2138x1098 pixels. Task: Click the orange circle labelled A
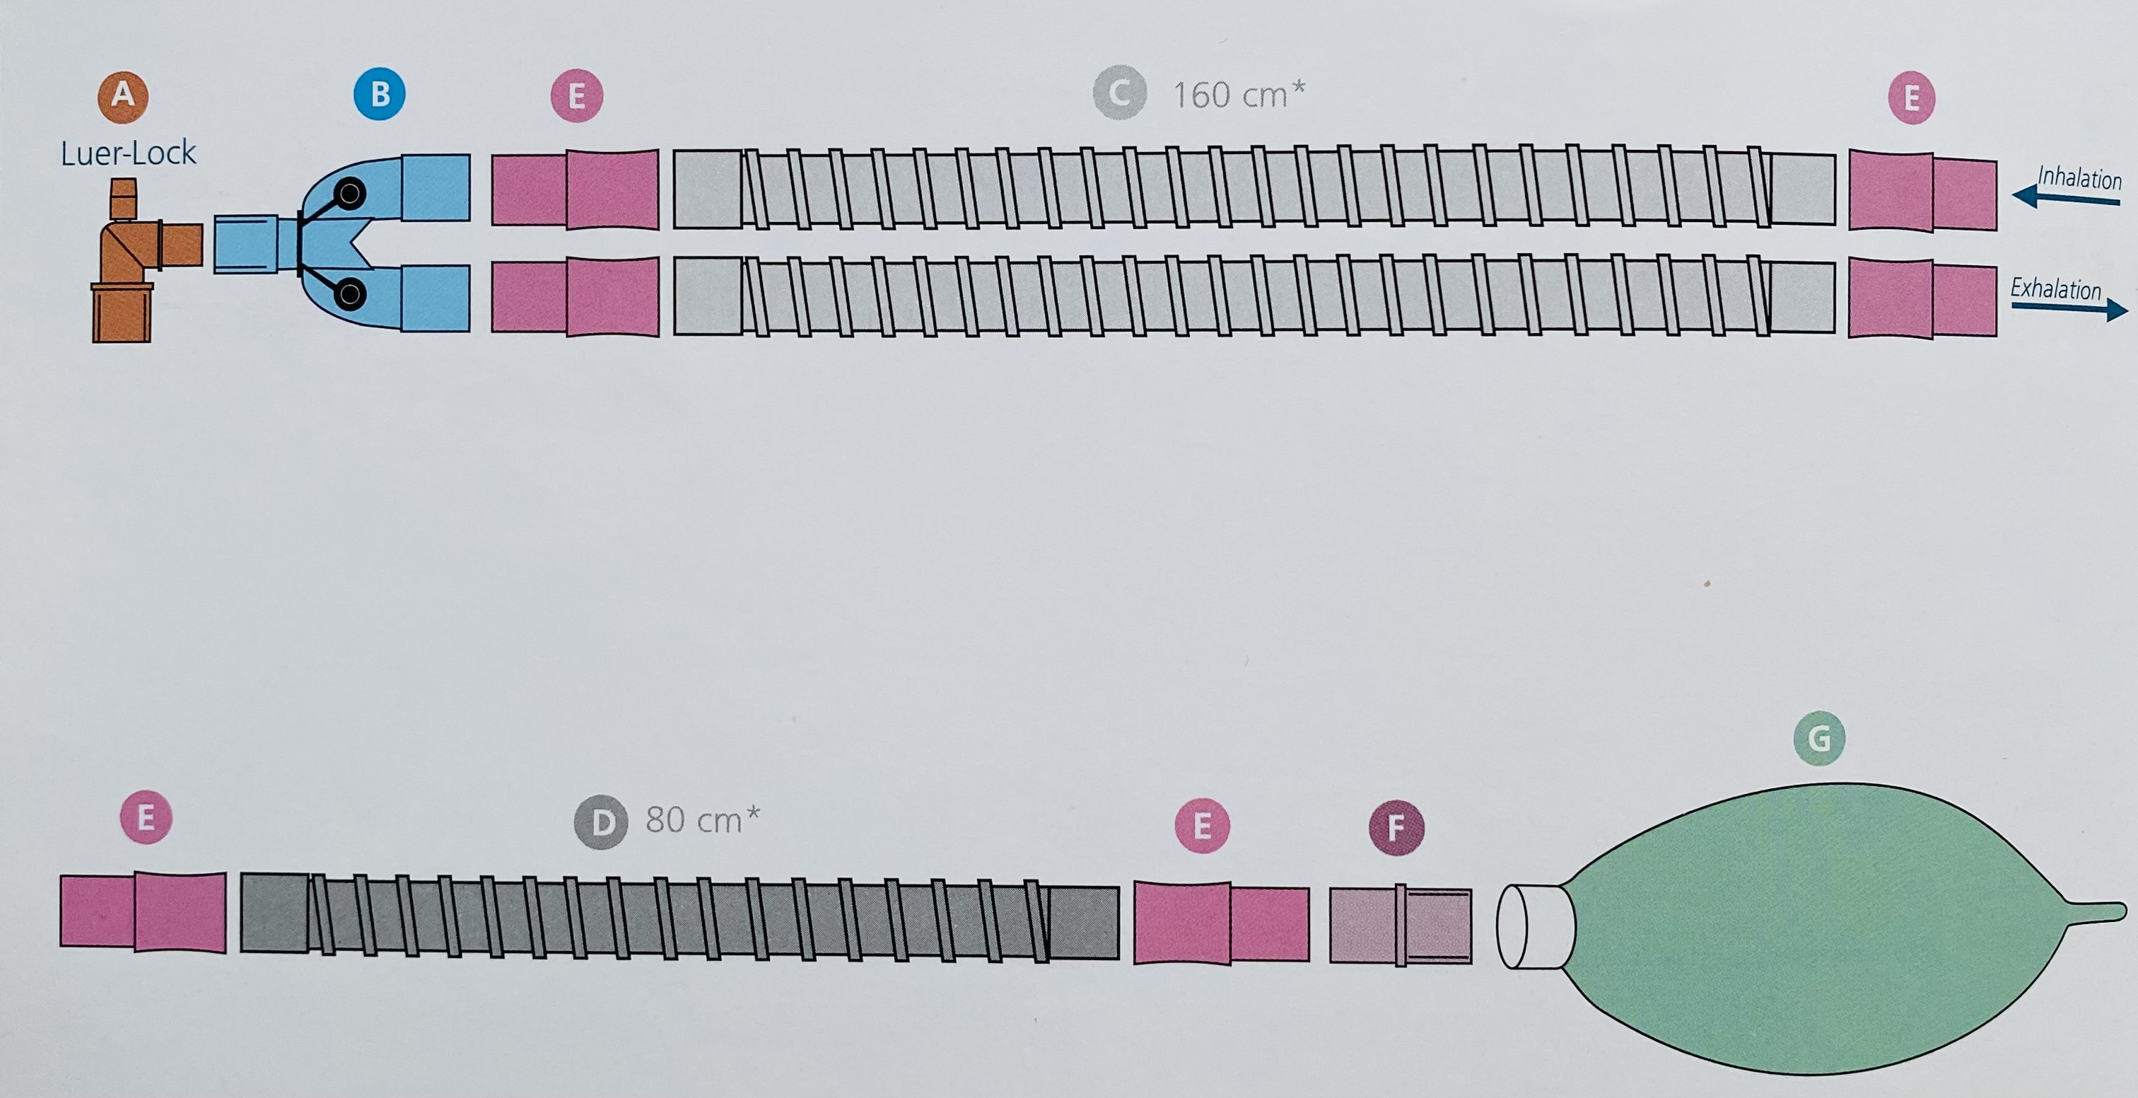[123, 95]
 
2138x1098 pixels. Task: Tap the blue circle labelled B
[379, 95]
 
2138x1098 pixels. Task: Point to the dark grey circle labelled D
[601, 822]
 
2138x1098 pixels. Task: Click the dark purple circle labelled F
[1396, 827]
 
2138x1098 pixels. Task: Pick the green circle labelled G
[1818, 738]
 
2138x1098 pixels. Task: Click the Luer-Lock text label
[129, 153]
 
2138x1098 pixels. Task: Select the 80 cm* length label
[702, 820]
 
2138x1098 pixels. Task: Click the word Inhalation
[2079, 177]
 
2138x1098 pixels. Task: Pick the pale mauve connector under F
[1400, 925]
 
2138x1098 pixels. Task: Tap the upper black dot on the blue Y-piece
[350, 194]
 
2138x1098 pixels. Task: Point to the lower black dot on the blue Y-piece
[350, 293]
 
